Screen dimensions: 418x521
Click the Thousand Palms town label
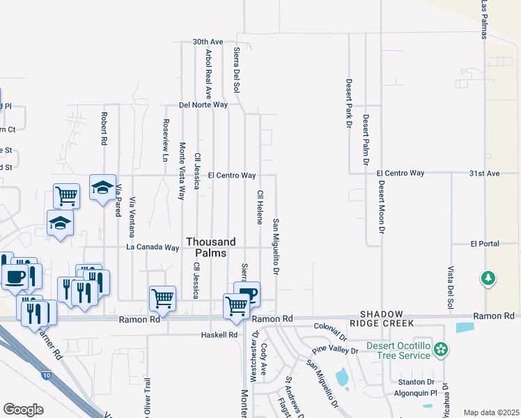tap(206, 247)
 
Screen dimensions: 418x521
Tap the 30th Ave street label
tap(208, 42)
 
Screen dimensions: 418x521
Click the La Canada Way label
tap(153, 247)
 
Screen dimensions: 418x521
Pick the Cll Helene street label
tap(260, 207)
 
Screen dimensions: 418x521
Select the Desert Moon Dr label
tap(382, 207)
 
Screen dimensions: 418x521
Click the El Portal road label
tap(483, 244)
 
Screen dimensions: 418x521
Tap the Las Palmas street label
tap(484, 17)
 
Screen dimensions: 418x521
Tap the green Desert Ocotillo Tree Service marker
tap(440, 348)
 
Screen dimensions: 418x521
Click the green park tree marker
tap(488, 279)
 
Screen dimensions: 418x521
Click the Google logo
tap(23, 409)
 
